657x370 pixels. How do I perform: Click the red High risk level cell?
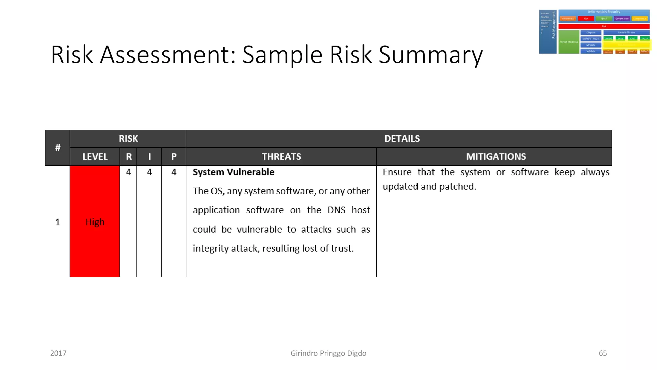(x=95, y=222)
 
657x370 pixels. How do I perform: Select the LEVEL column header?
(x=95, y=157)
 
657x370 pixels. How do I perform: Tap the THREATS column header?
(x=281, y=157)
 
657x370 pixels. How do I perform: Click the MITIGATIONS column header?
(x=496, y=157)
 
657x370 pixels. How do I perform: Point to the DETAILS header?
(x=402, y=139)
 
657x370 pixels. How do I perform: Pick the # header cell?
(x=57, y=148)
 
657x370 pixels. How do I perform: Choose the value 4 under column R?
(x=129, y=172)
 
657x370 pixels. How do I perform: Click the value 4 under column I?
(x=149, y=172)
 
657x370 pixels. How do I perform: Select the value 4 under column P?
(x=174, y=172)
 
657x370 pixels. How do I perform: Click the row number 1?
(x=58, y=222)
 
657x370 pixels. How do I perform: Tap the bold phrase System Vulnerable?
(x=234, y=172)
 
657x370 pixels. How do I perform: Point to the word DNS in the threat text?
(x=336, y=210)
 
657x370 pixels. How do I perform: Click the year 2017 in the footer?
(x=58, y=353)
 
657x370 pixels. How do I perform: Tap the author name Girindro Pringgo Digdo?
(x=328, y=353)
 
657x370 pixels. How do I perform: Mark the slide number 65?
(x=603, y=353)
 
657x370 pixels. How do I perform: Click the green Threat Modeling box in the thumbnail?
(x=568, y=42)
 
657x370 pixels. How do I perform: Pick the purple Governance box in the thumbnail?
(x=622, y=19)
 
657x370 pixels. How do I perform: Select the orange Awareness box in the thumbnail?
(x=568, y=19)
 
